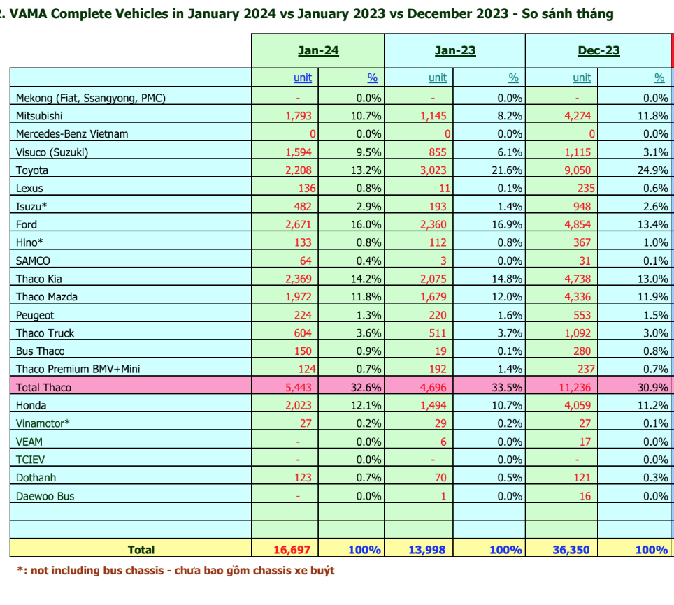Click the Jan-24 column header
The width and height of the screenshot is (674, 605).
[318, 50]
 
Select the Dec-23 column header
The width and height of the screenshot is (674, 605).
[598, 50]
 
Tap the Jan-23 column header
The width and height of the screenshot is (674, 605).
[455, 50]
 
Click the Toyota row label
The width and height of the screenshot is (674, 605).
[33, 170]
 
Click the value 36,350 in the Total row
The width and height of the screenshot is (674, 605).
[572, 550]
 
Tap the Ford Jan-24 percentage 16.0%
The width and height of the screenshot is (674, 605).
[366, 224]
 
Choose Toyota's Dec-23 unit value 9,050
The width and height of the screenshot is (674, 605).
[578, 170]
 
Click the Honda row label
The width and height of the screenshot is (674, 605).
[31, 405]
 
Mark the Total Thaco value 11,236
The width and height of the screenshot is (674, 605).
[574, 387]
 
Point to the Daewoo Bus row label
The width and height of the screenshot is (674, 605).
[45, 496]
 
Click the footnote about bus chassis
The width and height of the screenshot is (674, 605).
[175, 571]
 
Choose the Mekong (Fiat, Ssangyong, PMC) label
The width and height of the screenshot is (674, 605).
[91, 97]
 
